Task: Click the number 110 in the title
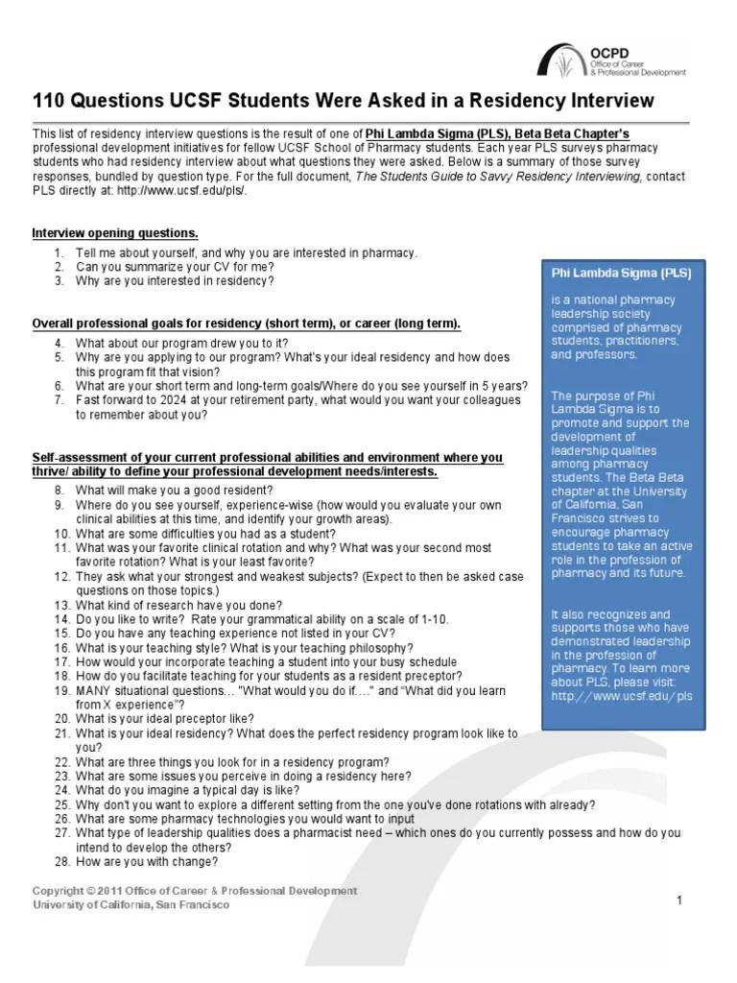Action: tap(50, 101)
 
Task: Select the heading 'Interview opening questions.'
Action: tap(115, 233)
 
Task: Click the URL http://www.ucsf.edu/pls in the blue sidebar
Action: tap(621, 695)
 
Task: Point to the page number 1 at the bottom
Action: tap(678, 899)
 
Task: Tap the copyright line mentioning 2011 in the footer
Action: tap(195, 891)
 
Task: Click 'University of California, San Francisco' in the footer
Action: tap(131, 904)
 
